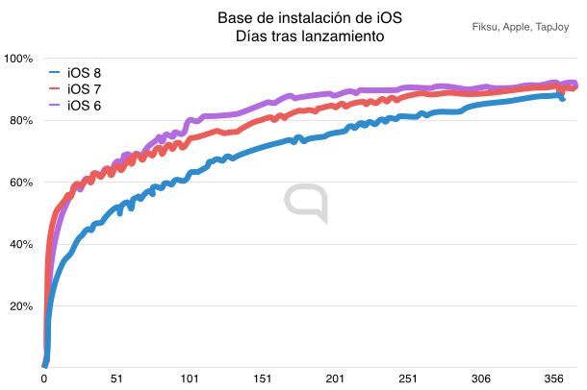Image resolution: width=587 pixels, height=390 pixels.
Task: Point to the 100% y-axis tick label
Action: tap(18, 60)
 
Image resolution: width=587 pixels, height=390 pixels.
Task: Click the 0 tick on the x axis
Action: tap(44, 378)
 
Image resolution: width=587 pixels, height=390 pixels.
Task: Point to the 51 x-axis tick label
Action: tap(116, 378)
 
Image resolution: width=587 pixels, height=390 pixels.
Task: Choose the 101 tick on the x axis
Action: tap(190, 378)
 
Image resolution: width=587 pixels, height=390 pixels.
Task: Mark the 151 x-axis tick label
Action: tap(262, 378)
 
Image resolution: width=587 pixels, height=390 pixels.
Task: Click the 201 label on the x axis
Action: tap(335, 378)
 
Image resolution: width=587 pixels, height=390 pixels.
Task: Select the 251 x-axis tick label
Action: tap(407, 378)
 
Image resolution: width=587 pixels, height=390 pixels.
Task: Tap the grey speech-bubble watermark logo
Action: tap(306, 205)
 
